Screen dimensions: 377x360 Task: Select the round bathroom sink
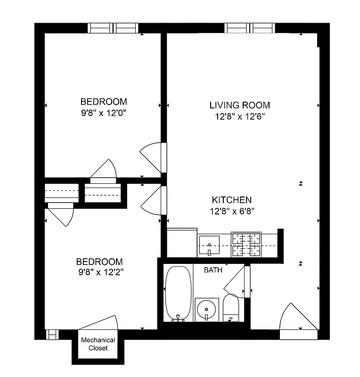[206, 310]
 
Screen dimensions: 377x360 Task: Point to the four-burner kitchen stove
[245, 245]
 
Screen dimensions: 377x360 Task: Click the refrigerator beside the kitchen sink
[182, 243]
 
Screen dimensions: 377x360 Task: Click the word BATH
[213, 270]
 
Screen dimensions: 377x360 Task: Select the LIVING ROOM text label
[239, 105]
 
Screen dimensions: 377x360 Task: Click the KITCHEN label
[231, 200]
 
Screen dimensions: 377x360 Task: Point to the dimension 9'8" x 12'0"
[104, 113]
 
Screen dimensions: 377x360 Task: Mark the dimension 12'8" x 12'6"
[239, 117]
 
